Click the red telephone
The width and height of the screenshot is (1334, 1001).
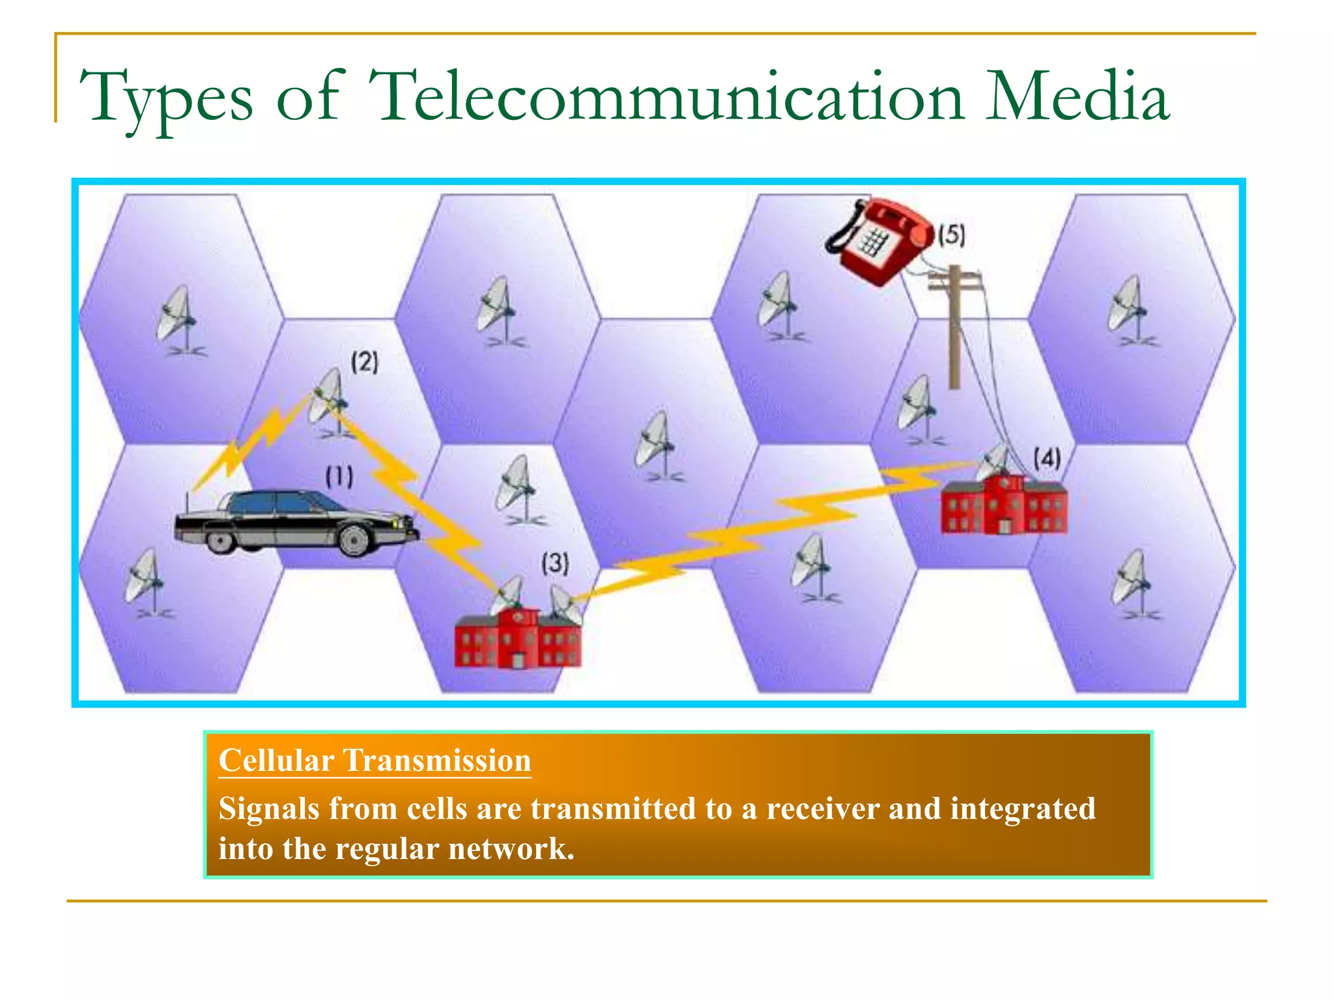(879, 241)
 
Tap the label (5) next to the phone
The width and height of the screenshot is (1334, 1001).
(952, 235)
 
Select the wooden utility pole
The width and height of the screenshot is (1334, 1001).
(954, 326)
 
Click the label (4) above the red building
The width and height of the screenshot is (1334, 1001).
(1047, 459)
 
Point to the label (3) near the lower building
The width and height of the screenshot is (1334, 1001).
(555, 562)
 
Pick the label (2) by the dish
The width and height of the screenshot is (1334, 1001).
(364, 362)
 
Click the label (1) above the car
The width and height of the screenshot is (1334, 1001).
(339, 477)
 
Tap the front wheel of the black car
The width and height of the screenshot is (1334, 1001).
(354, 540)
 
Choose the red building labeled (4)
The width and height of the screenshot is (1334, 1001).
(1004, 505)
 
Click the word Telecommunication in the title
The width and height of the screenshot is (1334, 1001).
(666, 98)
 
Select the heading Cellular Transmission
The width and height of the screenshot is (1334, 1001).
(375, 761)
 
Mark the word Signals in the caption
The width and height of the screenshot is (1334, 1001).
(269, 809)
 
